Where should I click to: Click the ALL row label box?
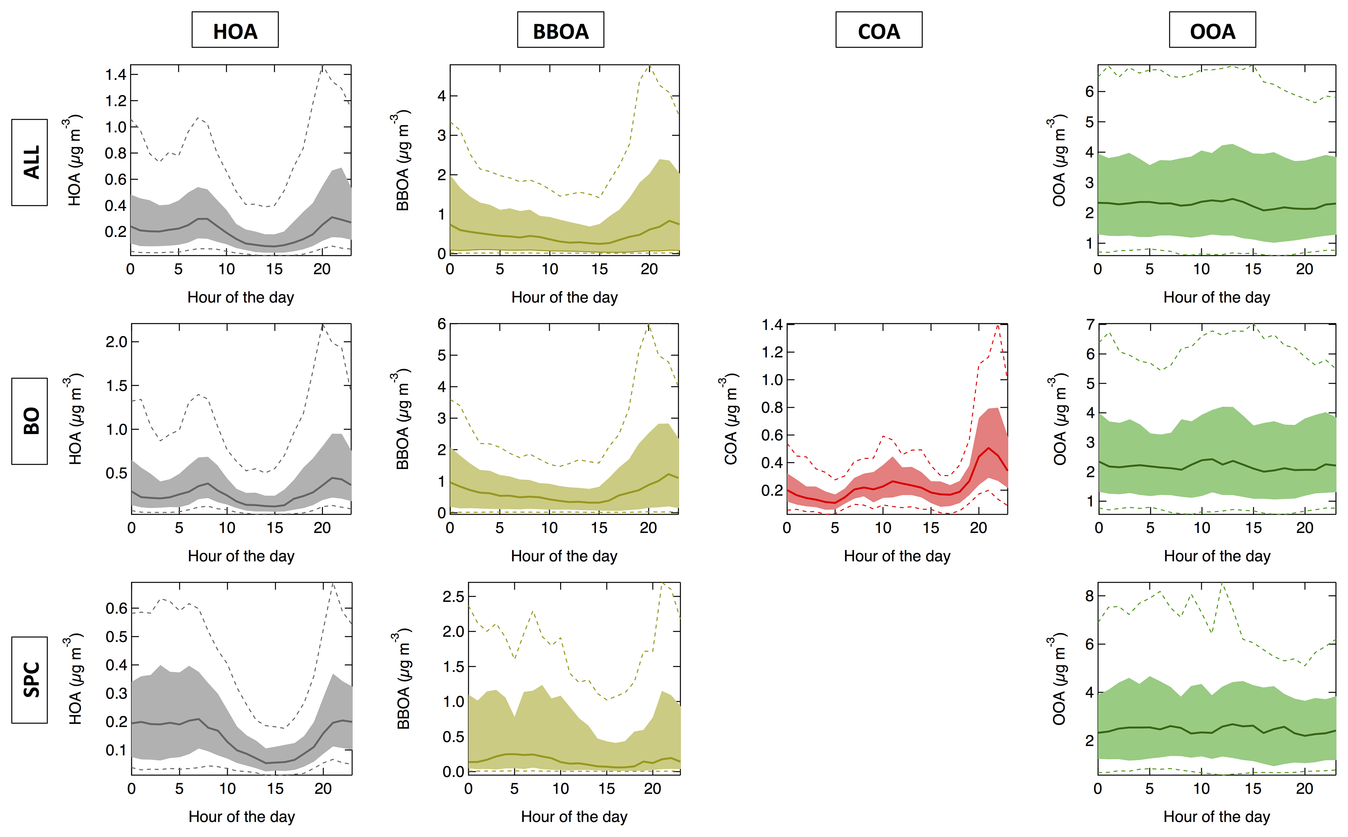click(x=30, y=162)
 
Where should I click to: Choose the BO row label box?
click(x=30, y=421)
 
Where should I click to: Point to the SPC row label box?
click(x=30, y=680)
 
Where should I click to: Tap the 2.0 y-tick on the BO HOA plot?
click(x=116, y=341)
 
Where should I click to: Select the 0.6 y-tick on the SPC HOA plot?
click(x=116, y=608)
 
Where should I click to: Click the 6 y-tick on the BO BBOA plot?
click(x=441, y=324)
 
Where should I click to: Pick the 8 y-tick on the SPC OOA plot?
click(x=1089, y=596)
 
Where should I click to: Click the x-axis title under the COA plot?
click(x=897, y=556)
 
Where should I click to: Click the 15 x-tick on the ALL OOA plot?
click(x=1253, y=269)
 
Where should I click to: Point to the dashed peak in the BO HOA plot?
click(x=323, y=325)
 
